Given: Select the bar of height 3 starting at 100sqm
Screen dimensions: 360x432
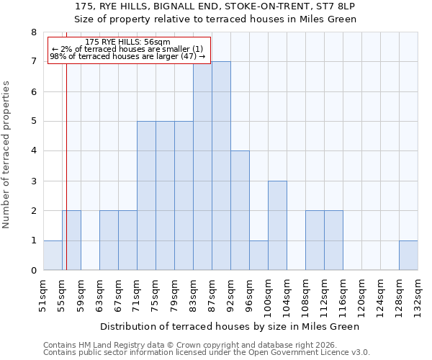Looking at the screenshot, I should click(277, 225).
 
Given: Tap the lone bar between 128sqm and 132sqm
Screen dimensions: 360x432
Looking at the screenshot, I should click(408, 256).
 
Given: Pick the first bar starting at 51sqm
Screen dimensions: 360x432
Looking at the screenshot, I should click(53, 256).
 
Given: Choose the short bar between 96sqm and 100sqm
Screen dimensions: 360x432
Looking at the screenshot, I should click(258, 256).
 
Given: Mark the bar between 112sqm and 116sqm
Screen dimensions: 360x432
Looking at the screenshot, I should click(333, 240).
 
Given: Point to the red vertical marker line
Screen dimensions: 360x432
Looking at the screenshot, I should click(66, 166).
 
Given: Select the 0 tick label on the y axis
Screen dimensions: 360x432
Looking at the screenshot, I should click(33, 271).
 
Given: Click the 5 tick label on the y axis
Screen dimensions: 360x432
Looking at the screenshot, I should click(33, 122).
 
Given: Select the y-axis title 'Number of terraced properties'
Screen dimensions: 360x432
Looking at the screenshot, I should click(7, 155).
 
